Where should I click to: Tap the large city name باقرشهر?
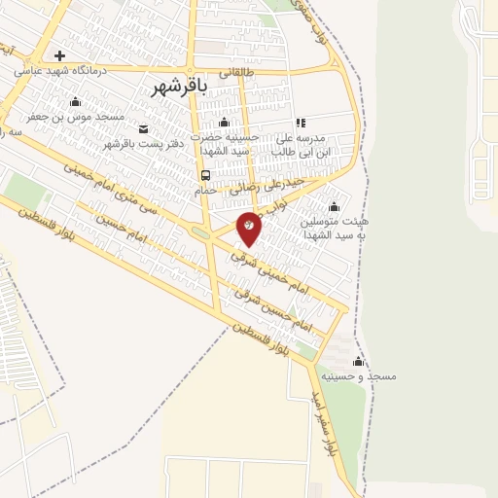181,87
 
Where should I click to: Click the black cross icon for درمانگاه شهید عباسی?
60,55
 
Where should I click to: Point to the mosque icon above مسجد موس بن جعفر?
76,102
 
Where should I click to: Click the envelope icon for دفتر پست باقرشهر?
144,129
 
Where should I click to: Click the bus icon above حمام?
205,176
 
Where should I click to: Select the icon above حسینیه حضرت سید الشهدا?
225,123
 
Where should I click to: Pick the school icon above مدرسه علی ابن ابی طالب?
301,123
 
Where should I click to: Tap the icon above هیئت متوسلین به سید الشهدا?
335,206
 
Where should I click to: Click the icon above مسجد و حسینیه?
358,362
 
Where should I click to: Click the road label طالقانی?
238,72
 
